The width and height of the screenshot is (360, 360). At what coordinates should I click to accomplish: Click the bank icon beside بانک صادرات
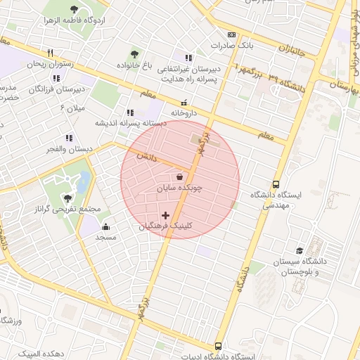231,34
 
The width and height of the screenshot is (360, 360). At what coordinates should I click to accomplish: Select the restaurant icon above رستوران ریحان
50,53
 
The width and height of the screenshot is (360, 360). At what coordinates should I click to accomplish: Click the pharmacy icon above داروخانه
184,102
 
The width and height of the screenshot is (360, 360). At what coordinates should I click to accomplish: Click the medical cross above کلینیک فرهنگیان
166,215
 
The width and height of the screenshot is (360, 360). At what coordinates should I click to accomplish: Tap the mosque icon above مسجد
105,226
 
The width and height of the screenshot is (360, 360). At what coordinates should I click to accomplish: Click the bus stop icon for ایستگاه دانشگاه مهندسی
276,184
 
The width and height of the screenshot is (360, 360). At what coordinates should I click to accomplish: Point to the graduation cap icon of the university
300,251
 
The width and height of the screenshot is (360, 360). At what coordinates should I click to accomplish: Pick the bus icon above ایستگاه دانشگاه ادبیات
218,346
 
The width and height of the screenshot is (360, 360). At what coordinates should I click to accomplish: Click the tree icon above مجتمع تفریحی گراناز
67,198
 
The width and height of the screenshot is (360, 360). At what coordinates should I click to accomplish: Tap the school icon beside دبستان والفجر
68,139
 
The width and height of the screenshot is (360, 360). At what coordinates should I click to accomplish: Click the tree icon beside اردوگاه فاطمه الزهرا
75,9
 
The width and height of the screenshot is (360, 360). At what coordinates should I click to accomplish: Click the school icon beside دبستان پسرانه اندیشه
130,112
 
